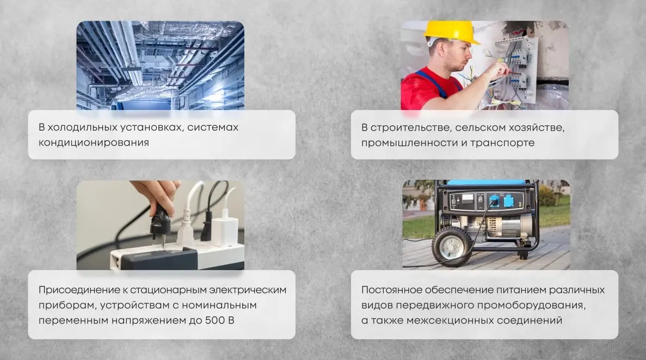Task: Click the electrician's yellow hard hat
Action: [452, 32]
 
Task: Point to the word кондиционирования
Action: [94, 143]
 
